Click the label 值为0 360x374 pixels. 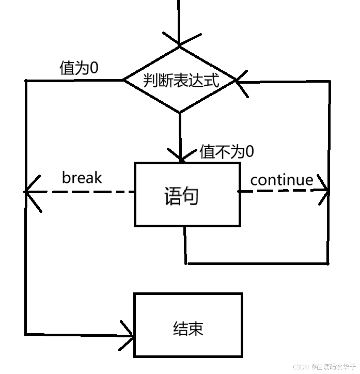coord(79,69)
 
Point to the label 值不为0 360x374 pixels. coord(227,151)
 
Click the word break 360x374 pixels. coord(82,178)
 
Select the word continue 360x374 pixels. coord(281,180)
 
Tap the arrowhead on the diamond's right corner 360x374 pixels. coord(241,81)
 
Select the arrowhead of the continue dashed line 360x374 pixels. coord(324,191)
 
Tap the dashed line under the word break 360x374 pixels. coord(83,192)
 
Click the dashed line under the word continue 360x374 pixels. coord(281,191)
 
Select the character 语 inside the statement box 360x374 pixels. coord(173,197)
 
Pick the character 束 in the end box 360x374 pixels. coord(196,329)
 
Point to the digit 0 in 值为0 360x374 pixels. coord(93,68)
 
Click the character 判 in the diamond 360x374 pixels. coord(151,81)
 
